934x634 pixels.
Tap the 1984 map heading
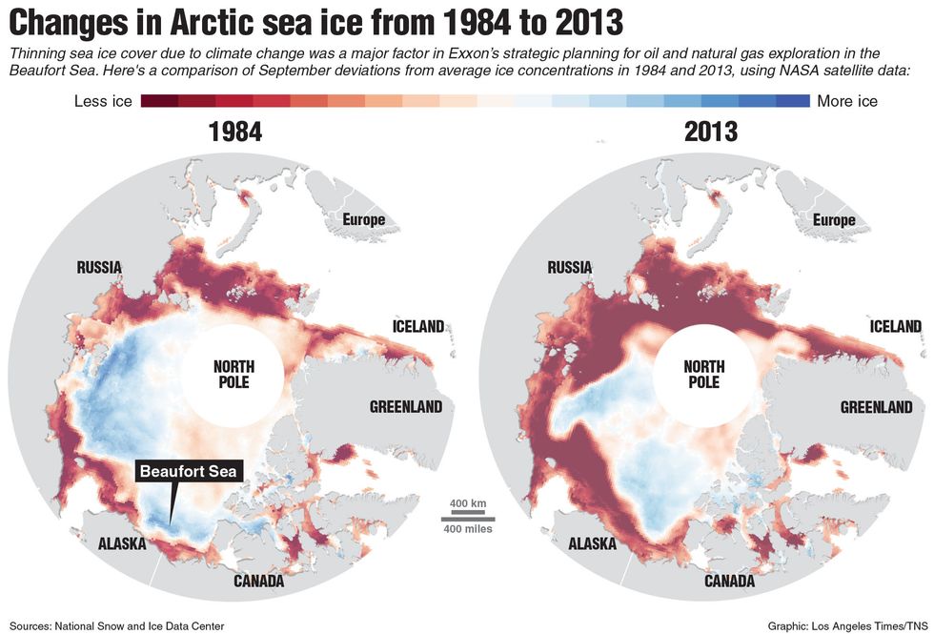pyautogui.click(x=235, y=132)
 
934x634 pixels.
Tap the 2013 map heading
pyautogui.click(x=710, y=132)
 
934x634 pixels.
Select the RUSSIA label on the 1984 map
pyautogui.click(x=99, y=268)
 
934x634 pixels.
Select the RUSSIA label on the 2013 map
pyautogui.click(x=570, y=268)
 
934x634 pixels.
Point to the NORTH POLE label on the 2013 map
pyautogui.click(x=703, y=374)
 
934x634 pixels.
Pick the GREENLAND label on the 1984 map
pyautogui.click(x=406, y=407)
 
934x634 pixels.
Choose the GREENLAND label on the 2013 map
pyautogui.click(x=876, y=407)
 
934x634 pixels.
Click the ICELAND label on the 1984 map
pyautogui.click(x=418, y=326)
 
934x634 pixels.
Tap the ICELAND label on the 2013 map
pyautogui.click(x=895, y=326)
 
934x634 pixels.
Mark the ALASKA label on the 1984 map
pyautogui.click(x=122, y=544)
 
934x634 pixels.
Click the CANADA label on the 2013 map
pyautogui.click(x=729, y=581)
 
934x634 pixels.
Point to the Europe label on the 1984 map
pyautogui.click(x=364, y=220)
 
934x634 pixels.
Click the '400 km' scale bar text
pyautogui.click(x=467, y=502)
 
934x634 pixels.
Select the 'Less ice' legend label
pyautogui.click(x=102, y=101)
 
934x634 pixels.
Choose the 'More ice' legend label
pyautogui.click(x=847, y=101)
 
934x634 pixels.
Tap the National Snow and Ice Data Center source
pyautogui.click(x=117, y=626)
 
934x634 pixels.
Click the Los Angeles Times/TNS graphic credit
pyautogui.click(x=845, y=626)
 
